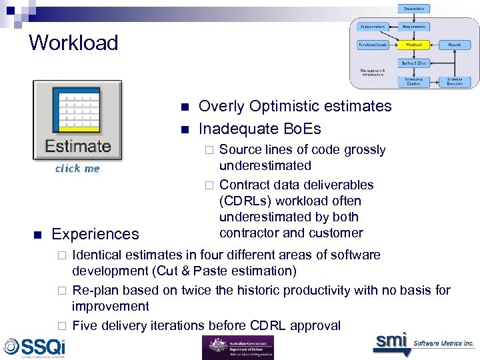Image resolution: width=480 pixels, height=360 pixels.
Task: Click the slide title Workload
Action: coord(73,43)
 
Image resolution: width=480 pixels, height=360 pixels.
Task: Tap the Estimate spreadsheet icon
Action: coord(78,120)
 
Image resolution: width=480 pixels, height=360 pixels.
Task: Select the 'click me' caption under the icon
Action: coord(77,169)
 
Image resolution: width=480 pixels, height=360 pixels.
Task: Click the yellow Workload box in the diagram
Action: coord(414,45)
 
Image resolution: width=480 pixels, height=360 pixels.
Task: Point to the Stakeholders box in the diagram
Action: coord(414,9)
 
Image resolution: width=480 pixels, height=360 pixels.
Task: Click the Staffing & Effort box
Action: coord(414,63)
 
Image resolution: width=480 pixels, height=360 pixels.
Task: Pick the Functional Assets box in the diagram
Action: coord(373,45)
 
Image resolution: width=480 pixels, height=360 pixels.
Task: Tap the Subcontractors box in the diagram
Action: coord(373,27)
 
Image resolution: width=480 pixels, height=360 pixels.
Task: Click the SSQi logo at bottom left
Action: coord(35,347)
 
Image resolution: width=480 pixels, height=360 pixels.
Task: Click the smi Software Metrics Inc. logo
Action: coord(423,343)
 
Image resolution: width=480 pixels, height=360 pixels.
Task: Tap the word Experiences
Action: coord(95,234)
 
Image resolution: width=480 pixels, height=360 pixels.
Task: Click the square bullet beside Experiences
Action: coord(37,234)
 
